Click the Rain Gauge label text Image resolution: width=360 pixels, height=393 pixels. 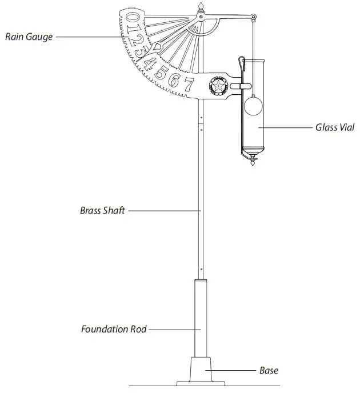[29, 37]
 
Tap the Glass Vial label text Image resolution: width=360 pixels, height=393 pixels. [335, 127]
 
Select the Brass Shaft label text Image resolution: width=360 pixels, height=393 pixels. [102, 210]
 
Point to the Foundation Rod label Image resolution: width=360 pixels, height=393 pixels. [114, 329]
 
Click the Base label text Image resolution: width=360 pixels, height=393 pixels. [269, 371]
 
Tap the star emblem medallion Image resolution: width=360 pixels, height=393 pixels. [218, 87]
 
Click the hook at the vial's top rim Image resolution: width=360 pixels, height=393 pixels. [242, 62]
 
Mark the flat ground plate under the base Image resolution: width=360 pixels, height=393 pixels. [201, 383]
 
